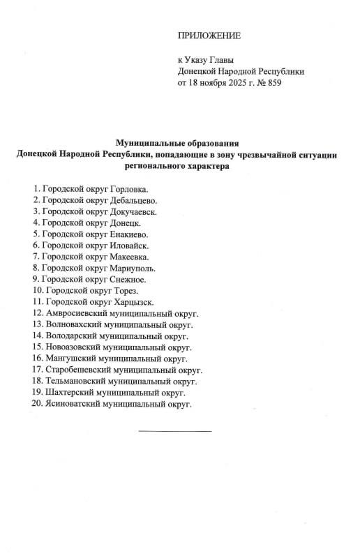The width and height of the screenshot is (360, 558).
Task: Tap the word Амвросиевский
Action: (75, 312)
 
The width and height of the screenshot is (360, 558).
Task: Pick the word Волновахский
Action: (73, 324)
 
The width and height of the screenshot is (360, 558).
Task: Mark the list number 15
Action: (37, 347)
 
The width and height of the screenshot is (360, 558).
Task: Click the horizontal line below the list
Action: (175, 431)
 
